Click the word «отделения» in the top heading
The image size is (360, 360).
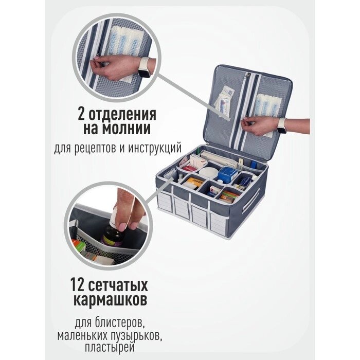coord(122,114)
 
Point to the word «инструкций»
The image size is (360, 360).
coord(155,149)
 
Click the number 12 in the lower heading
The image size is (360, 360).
coord(78,285)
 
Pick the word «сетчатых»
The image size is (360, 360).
coord(118,285)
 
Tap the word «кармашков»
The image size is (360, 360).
coord(111,300)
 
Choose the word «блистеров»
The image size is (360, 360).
coord(120,323)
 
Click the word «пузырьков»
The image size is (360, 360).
coord(136,336)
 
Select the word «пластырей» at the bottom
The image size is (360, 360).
coord(110,348)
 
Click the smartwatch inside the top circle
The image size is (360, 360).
coord(143,67)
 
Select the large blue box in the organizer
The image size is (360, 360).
coord(227,174)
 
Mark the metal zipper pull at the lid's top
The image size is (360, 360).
coord(248,76)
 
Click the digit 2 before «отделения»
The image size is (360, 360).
coord(82,114)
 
